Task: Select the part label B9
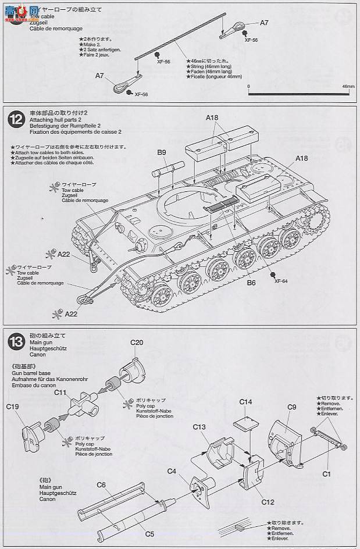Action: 162,152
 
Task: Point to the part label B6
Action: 251,283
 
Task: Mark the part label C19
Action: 13,408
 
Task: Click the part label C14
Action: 245,402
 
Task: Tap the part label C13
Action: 199,427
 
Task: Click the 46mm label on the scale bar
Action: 348,86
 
